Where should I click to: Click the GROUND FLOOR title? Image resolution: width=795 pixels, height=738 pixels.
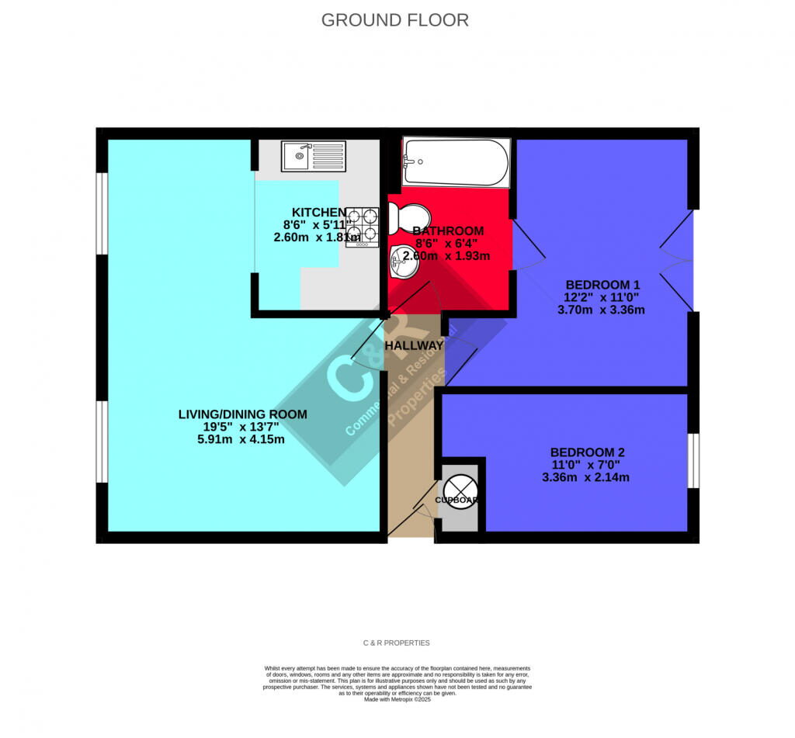coord(395,20)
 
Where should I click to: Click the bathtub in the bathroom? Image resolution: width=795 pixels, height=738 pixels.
coord(456,162)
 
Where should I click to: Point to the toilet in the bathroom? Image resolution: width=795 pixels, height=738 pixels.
coord(408,217)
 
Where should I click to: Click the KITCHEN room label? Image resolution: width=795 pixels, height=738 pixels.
coord(318,213)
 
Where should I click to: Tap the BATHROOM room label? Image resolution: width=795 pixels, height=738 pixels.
coord(448,230)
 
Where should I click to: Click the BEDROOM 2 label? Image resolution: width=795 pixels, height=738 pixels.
coord(587,452)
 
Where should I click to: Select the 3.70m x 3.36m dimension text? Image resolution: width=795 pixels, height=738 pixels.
coord(601,310)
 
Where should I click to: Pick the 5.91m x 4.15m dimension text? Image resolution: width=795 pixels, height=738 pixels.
coord(241,439)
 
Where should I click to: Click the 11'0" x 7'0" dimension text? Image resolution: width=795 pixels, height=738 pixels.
coord(585,465)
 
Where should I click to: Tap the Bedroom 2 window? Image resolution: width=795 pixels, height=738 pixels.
coord(693,460)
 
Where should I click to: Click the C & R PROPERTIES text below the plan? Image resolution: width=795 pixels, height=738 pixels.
coord(396,643)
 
